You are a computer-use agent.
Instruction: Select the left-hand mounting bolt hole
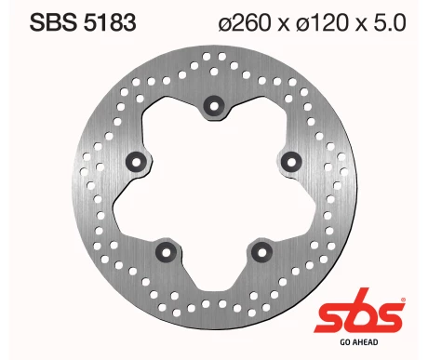(140, 158)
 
